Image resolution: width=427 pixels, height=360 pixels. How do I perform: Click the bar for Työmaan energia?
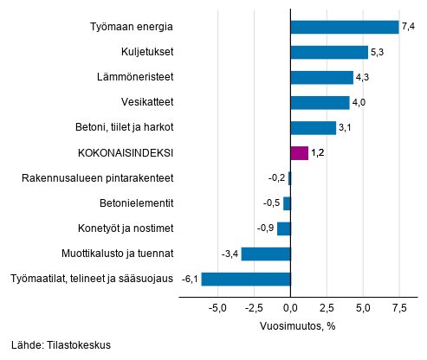pos(345,27)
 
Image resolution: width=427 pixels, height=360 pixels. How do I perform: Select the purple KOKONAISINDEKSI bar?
pos(300,153)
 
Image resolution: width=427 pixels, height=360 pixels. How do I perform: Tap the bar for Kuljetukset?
pos(329,52)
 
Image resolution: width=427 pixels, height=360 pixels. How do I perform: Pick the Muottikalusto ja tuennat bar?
pos(266,254)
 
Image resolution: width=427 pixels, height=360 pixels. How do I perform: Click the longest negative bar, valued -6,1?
pos(246,279)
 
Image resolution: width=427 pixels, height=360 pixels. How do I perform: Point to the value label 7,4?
pos(408,27)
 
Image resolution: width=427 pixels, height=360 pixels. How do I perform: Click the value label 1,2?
pos(318,153)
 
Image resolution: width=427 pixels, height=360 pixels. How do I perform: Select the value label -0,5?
pos(271,203)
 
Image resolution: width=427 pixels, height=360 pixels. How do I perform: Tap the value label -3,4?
pos(230,254)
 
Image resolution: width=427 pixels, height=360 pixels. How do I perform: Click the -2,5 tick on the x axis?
pos(254,308)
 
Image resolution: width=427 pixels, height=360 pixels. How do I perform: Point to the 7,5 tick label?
pos(399,308)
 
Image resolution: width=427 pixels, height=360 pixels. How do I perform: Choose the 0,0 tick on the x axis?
pos(290,308)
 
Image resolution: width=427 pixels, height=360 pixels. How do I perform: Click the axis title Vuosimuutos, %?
pos(298,326)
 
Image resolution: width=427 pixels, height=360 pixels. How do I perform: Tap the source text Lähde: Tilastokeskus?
pos(61,345)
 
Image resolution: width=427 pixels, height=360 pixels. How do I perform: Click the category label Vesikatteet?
pos(147,102)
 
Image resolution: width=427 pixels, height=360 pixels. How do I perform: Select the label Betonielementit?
pos(137,203)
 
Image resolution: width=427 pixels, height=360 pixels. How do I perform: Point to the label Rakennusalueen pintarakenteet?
pos(98,178)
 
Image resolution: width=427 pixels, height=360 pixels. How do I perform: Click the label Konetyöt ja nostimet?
pos(126,228)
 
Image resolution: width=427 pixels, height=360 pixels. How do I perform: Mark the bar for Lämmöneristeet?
pos(322,78)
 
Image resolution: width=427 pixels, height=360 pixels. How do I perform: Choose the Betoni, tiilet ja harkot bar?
pos(314,128)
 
